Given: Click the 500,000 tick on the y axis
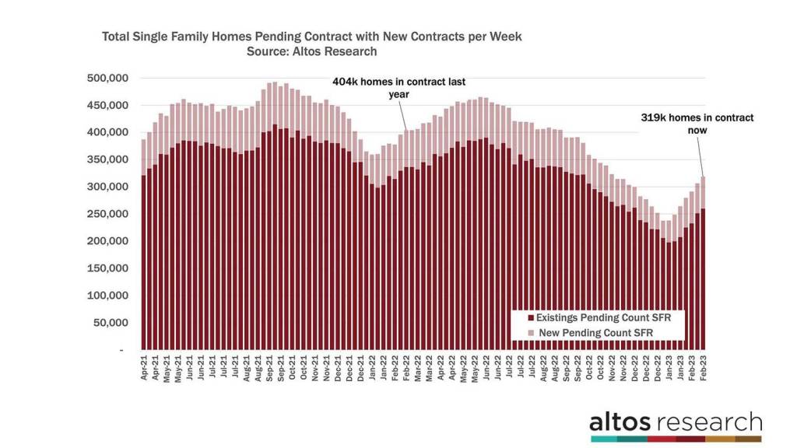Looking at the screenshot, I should tap(107, 79).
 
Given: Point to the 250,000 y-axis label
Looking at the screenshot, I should tap(107, 215).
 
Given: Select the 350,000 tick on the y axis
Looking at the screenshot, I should tap(107, 160).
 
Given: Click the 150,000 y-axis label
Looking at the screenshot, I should tap(107, 268).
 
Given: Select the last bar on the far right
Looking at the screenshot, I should tap(704, 264).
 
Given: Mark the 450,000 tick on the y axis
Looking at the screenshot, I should tap(107, 106).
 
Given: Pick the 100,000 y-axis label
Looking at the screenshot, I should tap(107, 296).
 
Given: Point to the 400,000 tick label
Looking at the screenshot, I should tap(107, 133).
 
